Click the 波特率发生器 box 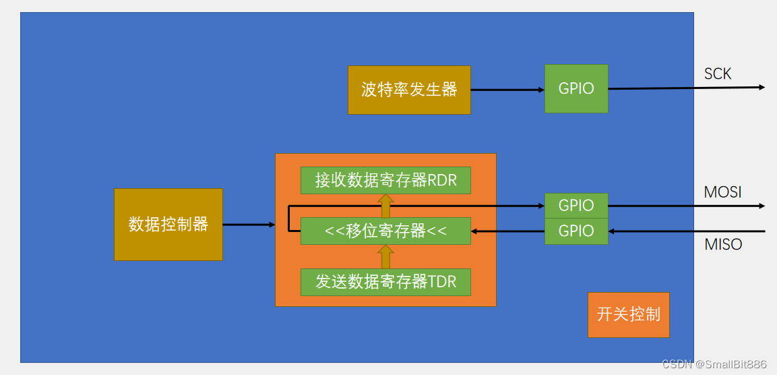[x=409, y=90]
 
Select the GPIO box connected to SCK [x=576, y=88]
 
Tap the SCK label [x=718, y=74]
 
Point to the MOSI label [x=722, y=192]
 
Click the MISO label [x=723, y=245]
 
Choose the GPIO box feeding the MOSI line [x=576, y=206]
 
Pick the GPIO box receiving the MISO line [x=576, y=231]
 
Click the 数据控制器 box [x=168, y=225]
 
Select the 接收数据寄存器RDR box [x=385, y=180]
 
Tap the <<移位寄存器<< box [x=385, y=231]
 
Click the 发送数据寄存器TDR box [x=385, y=281]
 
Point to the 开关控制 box [x=628, y=314]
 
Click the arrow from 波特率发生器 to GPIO [x=507, y=90]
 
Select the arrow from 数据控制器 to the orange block [x=249, y=225]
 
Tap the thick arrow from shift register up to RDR [x=385, y=206]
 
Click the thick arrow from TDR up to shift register [x=385, y=256]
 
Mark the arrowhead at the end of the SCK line [x=762, y=87]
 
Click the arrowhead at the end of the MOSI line [x=762, y=206]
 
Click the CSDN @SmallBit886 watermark [x=714, y=364]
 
